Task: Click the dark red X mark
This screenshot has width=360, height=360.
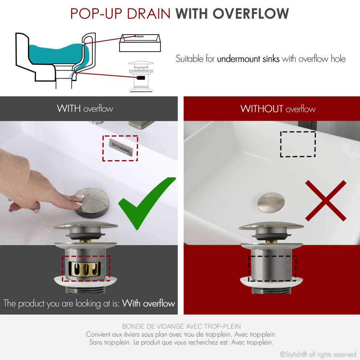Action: [325, 201]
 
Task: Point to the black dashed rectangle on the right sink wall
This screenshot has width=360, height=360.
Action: [298, 144]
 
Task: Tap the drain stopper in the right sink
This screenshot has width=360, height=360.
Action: [271, 203]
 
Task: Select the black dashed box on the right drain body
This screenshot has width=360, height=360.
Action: [272, 268]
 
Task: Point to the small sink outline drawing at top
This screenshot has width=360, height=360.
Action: [140, 43]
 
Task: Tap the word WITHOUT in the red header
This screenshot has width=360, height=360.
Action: [261, 109]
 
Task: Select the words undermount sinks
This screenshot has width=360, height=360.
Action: [248, 59]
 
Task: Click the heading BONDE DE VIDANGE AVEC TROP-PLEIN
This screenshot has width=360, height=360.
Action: [181, 327]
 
